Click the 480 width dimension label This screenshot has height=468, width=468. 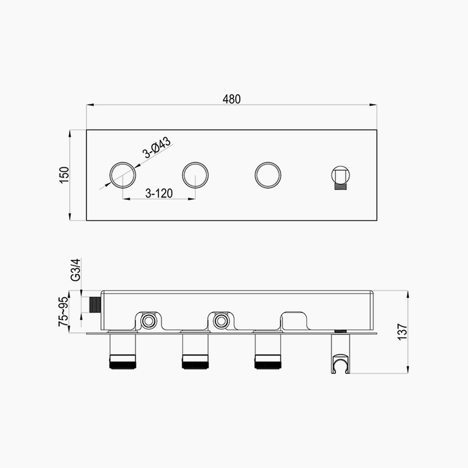click(x=231, y=99)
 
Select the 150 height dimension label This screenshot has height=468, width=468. click(x=65, y=175)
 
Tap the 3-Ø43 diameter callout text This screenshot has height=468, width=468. click(x=157, y=147)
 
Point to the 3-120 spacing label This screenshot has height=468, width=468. click(x=159, y=193)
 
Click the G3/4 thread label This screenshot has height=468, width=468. click(x=76, y=270)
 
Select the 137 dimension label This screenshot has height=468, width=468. click(x=402, y=331)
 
